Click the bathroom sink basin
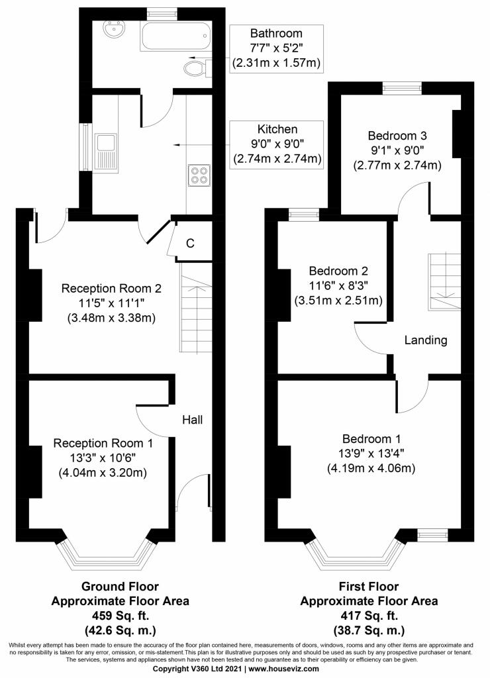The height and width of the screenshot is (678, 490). (x=114, y=30)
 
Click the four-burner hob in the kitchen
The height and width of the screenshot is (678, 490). (x=199, y=175)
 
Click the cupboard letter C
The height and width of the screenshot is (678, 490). (x=190, y=244)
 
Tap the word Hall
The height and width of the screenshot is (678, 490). (x=193, y=419)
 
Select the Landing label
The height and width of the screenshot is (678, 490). (x=426, y=340)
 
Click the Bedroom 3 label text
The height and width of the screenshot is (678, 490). (x=397, y=136)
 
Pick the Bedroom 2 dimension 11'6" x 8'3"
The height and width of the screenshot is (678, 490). (x=338, y=286)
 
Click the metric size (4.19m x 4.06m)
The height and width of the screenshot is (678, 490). (x=371, y=468)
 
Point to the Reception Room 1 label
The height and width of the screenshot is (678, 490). (x=103, y=443)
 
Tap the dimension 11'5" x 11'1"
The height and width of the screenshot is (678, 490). (x=112, y=303)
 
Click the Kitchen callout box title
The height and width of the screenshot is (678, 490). (x=277, y=129)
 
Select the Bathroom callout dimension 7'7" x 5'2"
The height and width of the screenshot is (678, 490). (x=276, y=48)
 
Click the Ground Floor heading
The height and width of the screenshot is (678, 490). (x=120, y=587)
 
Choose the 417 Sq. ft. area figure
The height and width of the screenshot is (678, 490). (x=368, y=615)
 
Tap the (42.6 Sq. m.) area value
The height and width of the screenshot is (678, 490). (x=120, y=630)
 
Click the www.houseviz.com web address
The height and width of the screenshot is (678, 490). (x=283, y=669)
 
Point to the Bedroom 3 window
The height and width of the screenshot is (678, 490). (x=402, y=88)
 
